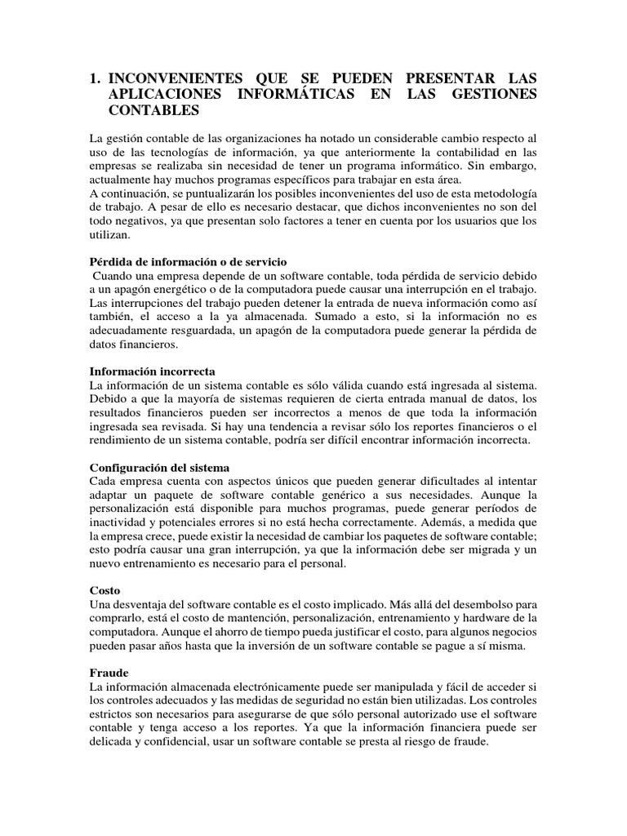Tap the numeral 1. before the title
click(96, 78)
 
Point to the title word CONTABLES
click(153, 109)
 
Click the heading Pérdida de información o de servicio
click(187, 262)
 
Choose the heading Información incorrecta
click(151, 371)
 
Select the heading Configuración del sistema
click(159, 467)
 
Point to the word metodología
click(503, 192)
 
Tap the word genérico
click(362, 496)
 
